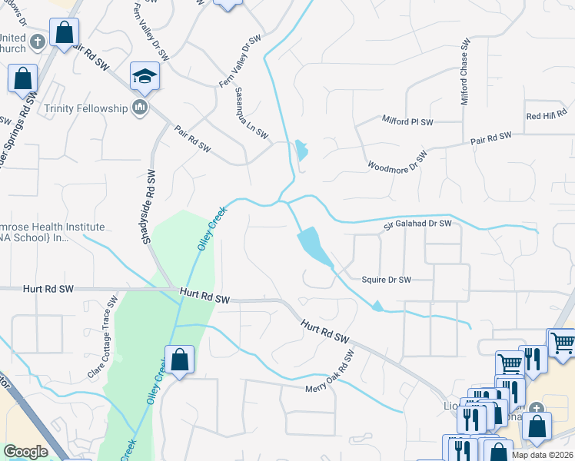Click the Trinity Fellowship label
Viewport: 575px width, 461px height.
[x=85, y=108]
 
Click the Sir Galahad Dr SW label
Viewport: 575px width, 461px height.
[x=417, y=224]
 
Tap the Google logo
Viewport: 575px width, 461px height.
[x=25, y=452]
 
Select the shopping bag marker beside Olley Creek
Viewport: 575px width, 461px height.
[x=179, y=360]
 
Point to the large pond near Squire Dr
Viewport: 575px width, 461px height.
[x=314, y=246]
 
